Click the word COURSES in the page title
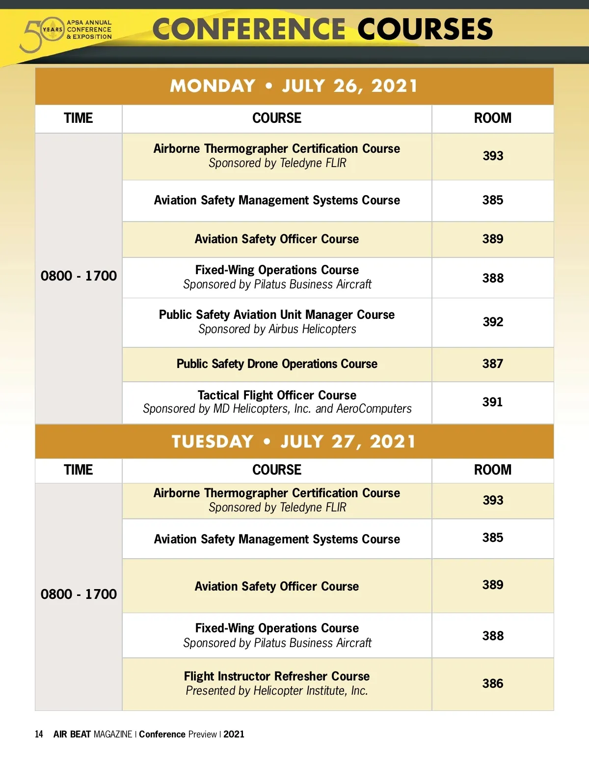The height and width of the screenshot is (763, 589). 425,29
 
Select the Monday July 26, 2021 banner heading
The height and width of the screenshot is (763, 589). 294,86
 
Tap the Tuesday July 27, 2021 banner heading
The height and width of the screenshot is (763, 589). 294,441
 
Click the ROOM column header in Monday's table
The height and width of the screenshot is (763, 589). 492,118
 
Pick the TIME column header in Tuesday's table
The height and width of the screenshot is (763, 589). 78,470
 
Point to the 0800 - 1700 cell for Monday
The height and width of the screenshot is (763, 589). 79,276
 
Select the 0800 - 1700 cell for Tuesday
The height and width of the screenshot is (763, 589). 79,594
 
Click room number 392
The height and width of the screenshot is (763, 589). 492,322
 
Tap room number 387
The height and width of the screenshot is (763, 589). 492,364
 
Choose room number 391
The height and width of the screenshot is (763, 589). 492,402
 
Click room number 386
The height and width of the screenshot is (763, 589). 492,684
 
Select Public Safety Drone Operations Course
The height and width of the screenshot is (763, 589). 277,364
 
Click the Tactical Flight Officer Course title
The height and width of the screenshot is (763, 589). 277,396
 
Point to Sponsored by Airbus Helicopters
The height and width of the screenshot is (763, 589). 277,329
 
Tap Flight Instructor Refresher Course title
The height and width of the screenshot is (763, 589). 277,677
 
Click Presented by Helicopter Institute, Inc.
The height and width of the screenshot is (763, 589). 277,691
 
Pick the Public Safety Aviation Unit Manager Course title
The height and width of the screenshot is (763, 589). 277,315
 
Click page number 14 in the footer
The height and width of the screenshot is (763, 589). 39,735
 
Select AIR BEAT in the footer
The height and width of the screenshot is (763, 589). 72,735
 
